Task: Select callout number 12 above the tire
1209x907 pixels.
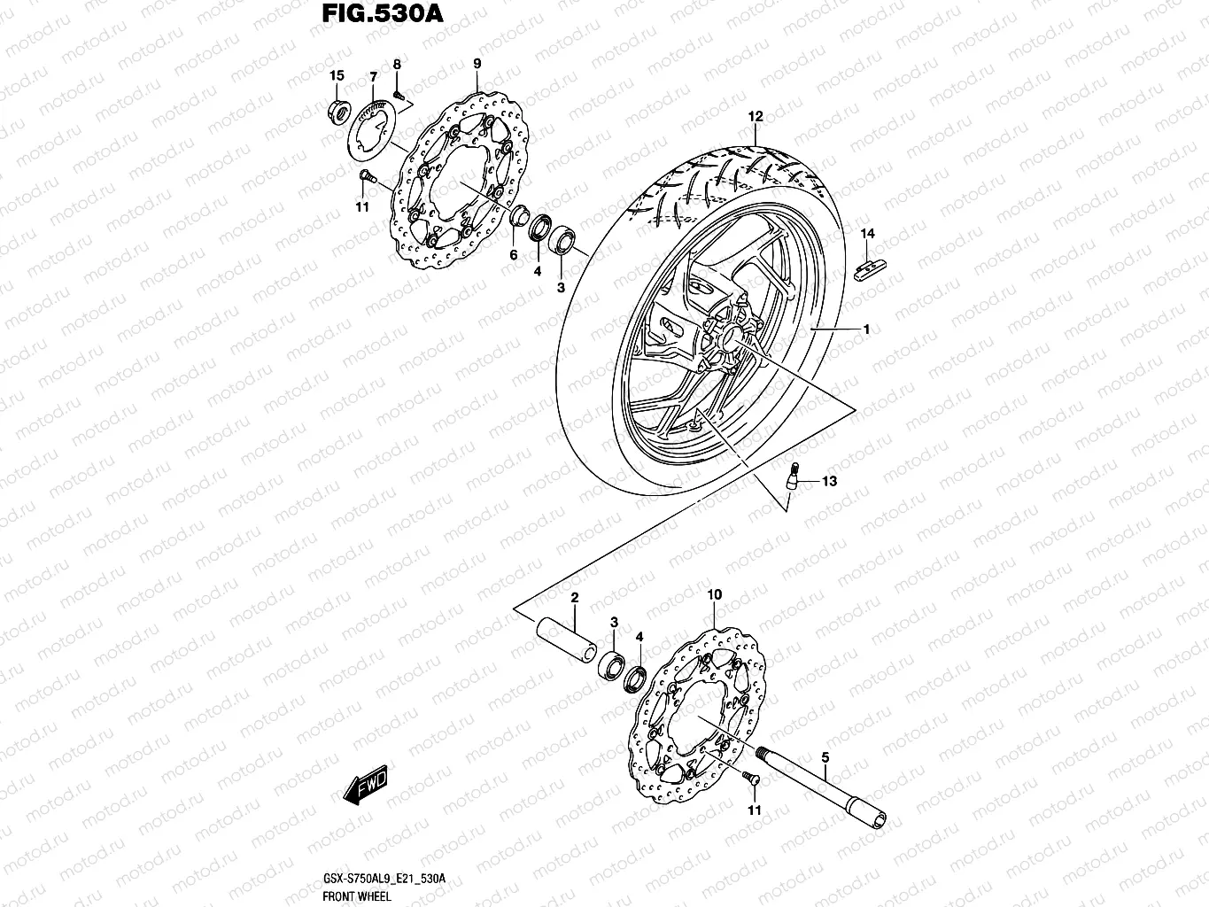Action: [755, 116]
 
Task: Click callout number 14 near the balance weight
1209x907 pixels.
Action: [867, 234]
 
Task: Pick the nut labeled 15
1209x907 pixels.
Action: [337, 112]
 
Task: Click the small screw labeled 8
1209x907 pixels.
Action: [398, 92]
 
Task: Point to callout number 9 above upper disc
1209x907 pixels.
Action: [477, 64]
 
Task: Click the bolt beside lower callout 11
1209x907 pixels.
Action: [750, 779]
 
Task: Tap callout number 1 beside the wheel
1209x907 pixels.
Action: [866, 329]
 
